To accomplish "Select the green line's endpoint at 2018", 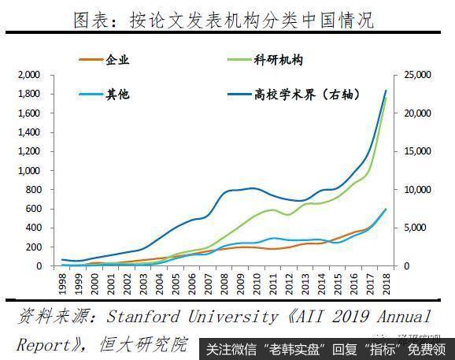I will pyautogui.click(x=386, y=98).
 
